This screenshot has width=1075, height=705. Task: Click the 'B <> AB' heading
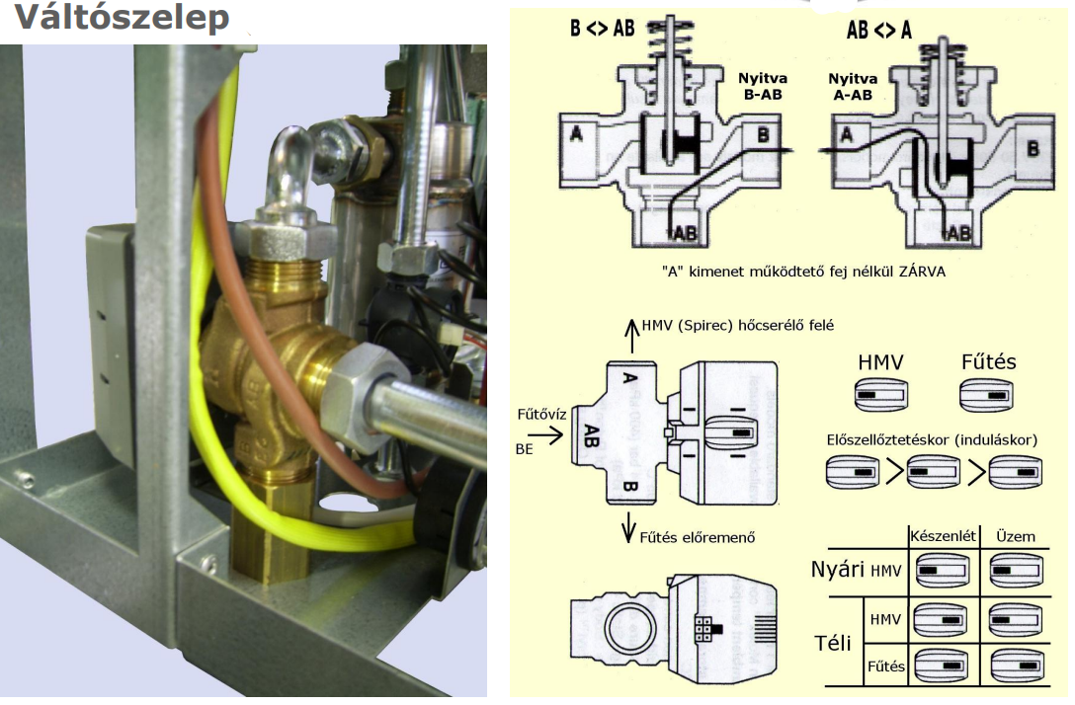pyautogui.click(x=603, y=30)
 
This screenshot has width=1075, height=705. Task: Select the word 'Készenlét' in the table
pyautogui.click(x=943, y=536)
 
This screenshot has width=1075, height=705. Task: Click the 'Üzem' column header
pyautogui.click(x=1016, y=536)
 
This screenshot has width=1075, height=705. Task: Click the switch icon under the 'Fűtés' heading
pyautogui.click(x=987, y=398)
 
